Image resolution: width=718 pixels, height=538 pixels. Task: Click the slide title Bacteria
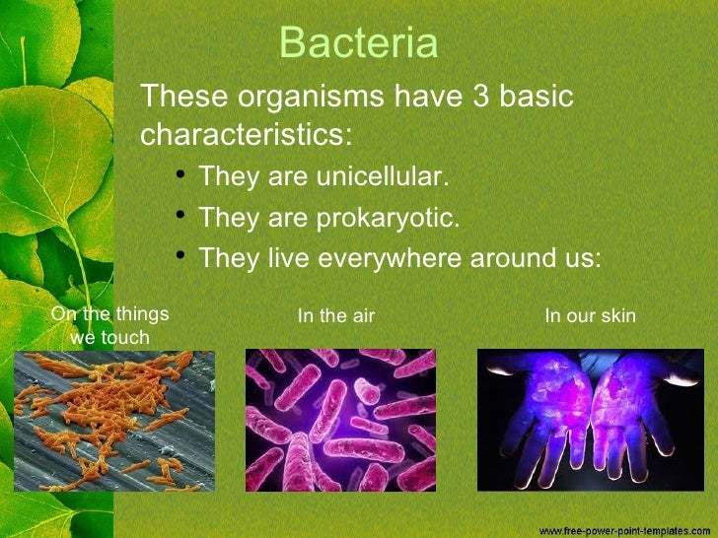pos(359,43)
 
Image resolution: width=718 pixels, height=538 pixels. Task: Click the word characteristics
pos(246,133)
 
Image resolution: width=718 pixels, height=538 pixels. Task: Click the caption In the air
pos(336,316)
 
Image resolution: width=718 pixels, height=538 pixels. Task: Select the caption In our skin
pos(590,316)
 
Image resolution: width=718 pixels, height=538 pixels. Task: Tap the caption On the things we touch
pos(109,326)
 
